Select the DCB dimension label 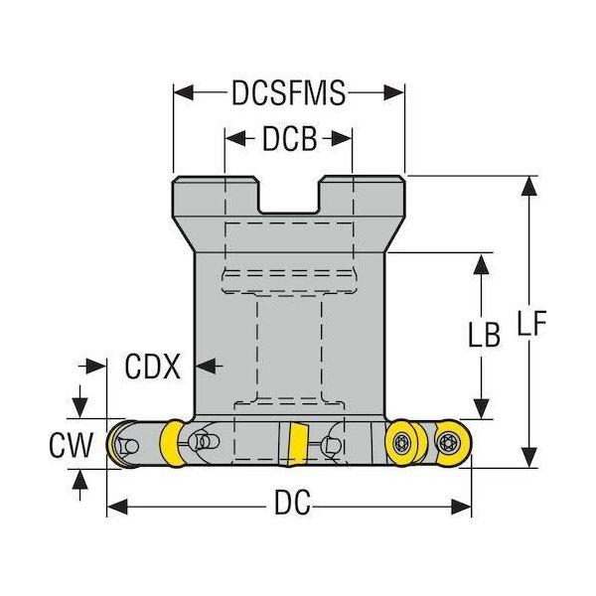[x=288, y=140]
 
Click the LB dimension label [x=483, y=336]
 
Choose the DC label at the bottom [x=288, y=506]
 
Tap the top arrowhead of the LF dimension [x=527, y=183]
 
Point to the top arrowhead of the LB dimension [x=483, y=260]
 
